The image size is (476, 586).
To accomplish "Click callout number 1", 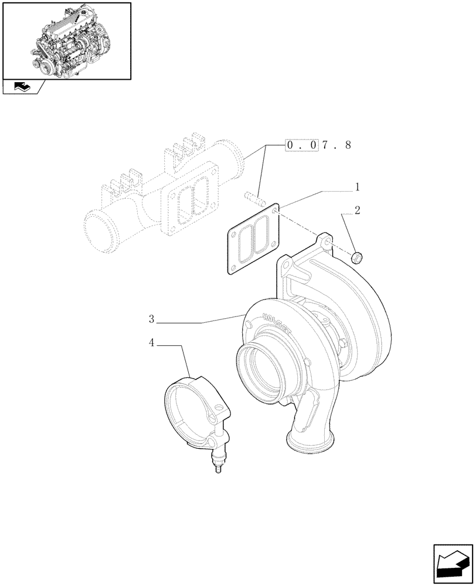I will pyautogui.click(x=356, y=188).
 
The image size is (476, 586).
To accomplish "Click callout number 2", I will pyautogui.click(x=357, y=209).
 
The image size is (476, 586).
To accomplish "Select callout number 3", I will pyautogui.click(x=151, y=319).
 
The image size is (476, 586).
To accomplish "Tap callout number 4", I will pyautogui.click(x=151, y=343).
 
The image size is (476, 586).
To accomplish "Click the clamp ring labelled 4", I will pyautogui.click(x=193, y=410).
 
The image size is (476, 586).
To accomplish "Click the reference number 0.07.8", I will pyautogui.click(x=318, y=145).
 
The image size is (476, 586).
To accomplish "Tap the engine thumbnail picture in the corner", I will pyautogui.click(x=66, y=40).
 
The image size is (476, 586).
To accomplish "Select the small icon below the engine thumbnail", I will pyautogui.click(x=21, y=87).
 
